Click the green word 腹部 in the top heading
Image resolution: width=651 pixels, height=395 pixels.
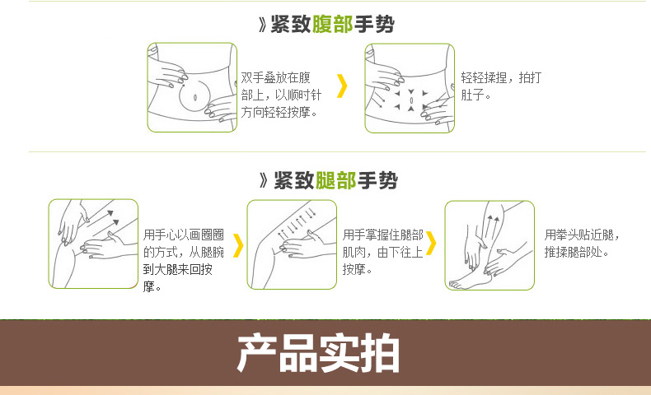[x=332, y=24]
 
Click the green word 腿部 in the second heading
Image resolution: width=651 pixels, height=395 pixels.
[x=335, y=181]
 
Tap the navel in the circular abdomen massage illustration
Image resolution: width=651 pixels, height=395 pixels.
[x=195, y=98]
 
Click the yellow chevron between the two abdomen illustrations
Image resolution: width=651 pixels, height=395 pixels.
[x=342, y=86]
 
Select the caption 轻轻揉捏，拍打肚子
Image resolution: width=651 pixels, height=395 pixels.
[x=501, y=86]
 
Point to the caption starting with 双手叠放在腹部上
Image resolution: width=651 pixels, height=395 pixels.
[x=281, y=95]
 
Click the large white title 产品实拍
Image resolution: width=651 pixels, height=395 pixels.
[x=318, y=354]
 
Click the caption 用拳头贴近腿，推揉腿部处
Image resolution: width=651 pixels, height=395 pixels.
[x=581, y=244]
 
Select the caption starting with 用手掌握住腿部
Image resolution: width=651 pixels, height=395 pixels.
[x=383, y=252]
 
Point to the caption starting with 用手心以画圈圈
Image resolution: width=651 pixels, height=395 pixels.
[x=184, y=260]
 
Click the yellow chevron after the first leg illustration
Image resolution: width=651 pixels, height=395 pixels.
[x=238, y=245]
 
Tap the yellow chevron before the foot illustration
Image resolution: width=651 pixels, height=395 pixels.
[x=431, y=243]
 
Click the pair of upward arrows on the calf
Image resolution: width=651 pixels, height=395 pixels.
[x=494, y=226]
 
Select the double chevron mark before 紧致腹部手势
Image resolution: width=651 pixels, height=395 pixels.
[x=262, y=25]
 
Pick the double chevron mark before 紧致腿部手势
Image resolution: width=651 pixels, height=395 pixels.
[x=264, y=181]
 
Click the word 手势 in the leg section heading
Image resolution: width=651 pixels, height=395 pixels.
[x=377, y=181]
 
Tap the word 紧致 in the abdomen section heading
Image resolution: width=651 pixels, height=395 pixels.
[x=291, y=24]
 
